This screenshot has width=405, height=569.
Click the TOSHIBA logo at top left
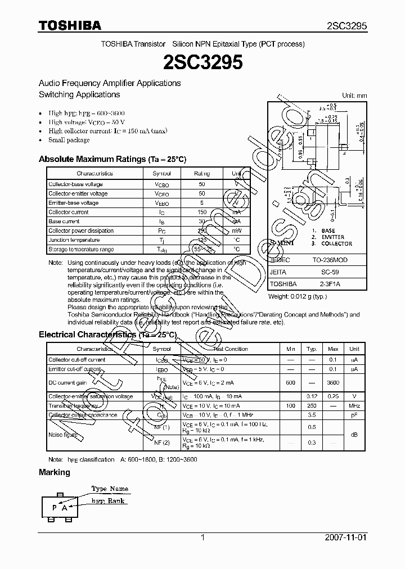(x=70, y=25)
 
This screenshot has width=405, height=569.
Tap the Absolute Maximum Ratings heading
(x=112, y=159)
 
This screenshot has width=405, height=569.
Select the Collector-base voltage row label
(x=75, y=184)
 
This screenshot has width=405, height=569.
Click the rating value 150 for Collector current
(x=202, y=213)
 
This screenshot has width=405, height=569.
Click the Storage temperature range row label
(x=81, y=249)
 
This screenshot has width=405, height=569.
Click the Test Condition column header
(x=231, y=349)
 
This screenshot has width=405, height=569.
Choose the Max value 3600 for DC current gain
(x=333, y=382)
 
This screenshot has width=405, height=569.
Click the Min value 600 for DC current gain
(x=290, y=382)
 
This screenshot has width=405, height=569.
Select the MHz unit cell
(x=354, y=405)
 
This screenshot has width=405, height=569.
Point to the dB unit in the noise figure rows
(x=354, y=434)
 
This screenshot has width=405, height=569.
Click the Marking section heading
(x=55, y=472)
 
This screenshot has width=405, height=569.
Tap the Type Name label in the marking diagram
(x=110, y=489)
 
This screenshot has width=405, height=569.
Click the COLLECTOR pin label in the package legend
(x=336, y=243)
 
